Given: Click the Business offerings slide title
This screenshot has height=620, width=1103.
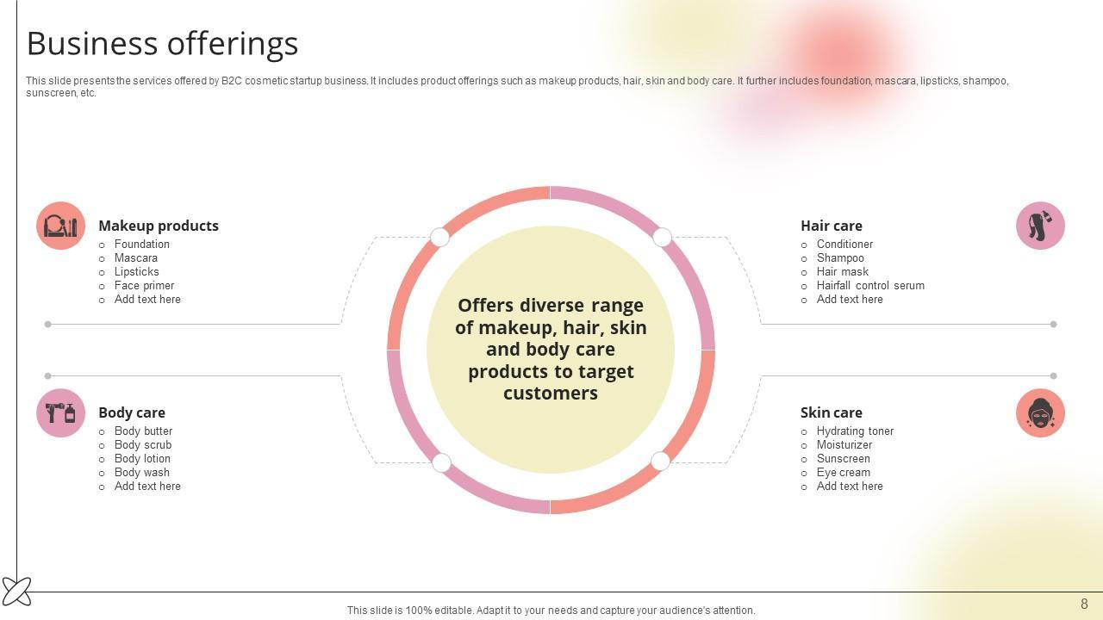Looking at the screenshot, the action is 163,44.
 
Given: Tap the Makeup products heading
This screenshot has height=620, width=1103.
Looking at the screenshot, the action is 159,226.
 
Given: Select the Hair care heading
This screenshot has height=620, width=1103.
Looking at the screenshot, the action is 831,226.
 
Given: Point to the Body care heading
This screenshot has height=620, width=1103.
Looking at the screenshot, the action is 132,412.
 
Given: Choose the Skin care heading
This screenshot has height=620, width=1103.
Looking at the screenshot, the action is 831,412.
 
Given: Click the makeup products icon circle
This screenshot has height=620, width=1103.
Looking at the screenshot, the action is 60,226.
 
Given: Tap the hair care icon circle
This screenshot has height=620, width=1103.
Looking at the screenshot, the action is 1040,226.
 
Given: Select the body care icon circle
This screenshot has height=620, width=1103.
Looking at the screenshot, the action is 60,413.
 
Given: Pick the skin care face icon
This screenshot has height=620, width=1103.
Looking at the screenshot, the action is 1040,413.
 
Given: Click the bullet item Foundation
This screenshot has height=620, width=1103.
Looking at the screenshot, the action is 142,245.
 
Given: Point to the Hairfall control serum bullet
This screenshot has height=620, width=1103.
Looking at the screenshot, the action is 870,286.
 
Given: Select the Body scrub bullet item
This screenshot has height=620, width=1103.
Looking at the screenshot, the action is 143,445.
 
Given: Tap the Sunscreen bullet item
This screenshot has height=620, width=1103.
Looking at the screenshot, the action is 843,459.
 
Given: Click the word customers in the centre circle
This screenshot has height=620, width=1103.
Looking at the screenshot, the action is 551,394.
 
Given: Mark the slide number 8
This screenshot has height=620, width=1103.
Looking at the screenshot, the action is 1084,604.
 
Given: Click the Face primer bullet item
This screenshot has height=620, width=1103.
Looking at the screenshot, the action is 144,286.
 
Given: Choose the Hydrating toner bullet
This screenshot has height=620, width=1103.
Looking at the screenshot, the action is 855,431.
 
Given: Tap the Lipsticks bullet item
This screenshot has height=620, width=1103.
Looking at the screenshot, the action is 136,272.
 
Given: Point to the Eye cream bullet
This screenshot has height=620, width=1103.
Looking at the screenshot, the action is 843,473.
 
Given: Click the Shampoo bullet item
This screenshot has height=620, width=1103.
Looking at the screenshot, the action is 840,258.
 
